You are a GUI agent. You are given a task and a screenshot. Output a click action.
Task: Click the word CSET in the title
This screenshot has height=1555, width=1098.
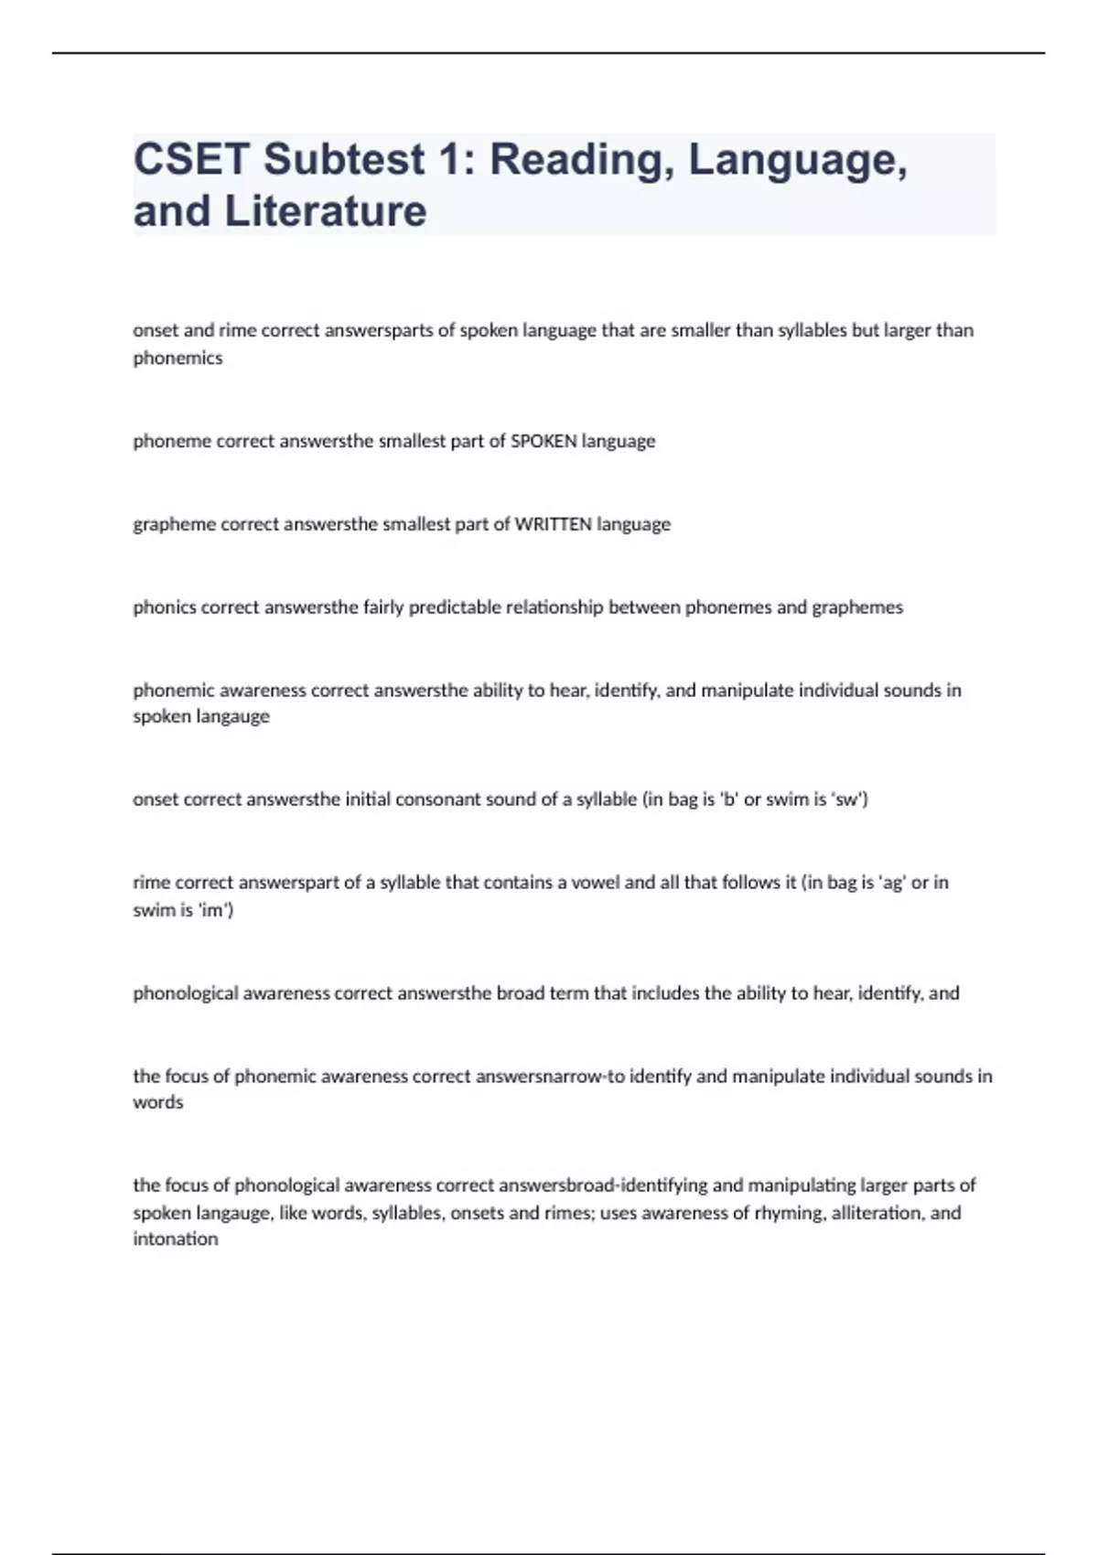pyautogui.click(x=190, y=159)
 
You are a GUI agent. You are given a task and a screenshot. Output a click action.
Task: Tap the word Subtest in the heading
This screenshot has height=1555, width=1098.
pyautogui.click(x=344, y=159)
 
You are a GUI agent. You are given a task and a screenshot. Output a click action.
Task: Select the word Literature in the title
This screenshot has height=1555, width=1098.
pyautogui.click(x=326, y=210)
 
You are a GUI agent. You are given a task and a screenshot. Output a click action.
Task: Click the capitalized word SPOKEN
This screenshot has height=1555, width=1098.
pyautogui.click(x=544, y=441)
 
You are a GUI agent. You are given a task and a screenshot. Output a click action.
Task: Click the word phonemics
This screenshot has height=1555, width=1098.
pyautogui.click(x=178, y=358)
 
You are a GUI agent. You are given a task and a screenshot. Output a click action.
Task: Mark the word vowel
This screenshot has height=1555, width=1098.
pyautogui.click(x=595, y=883)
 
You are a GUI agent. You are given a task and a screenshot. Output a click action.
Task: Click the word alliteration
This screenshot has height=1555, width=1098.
pyautogui.click(x=877, y=1213)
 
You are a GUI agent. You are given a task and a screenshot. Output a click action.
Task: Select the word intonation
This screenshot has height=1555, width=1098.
pyautogui.click(x=176, y=1239)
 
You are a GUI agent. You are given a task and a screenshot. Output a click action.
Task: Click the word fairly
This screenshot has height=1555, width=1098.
pyautogui.click(x=383, y=607)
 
